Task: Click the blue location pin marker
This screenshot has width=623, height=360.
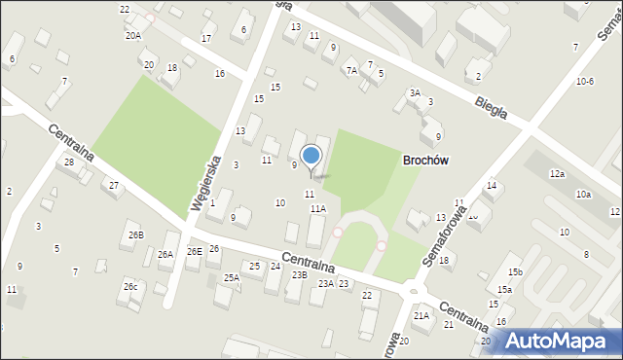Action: pos(311,157)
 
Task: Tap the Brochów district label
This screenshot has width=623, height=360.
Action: pos(426,160)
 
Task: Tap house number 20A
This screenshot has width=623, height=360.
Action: pos(132,35)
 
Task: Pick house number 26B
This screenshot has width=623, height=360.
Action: pos(135,234)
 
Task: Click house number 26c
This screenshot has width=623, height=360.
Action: pos(130,286)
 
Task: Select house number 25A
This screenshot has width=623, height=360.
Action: pos(231,277)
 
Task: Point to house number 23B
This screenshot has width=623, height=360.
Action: pos(299,274)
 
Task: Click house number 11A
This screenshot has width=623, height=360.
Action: pos(318,208)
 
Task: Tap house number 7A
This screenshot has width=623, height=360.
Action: pos(351,70)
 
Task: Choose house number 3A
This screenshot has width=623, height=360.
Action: pos(414,93)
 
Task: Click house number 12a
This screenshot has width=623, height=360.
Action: pos(556,173)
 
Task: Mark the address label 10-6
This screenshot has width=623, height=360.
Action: pos(584,82)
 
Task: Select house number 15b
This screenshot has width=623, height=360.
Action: pos(514,271)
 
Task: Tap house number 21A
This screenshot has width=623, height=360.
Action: pos(421,315)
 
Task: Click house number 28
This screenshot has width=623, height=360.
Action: pos(69,162)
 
